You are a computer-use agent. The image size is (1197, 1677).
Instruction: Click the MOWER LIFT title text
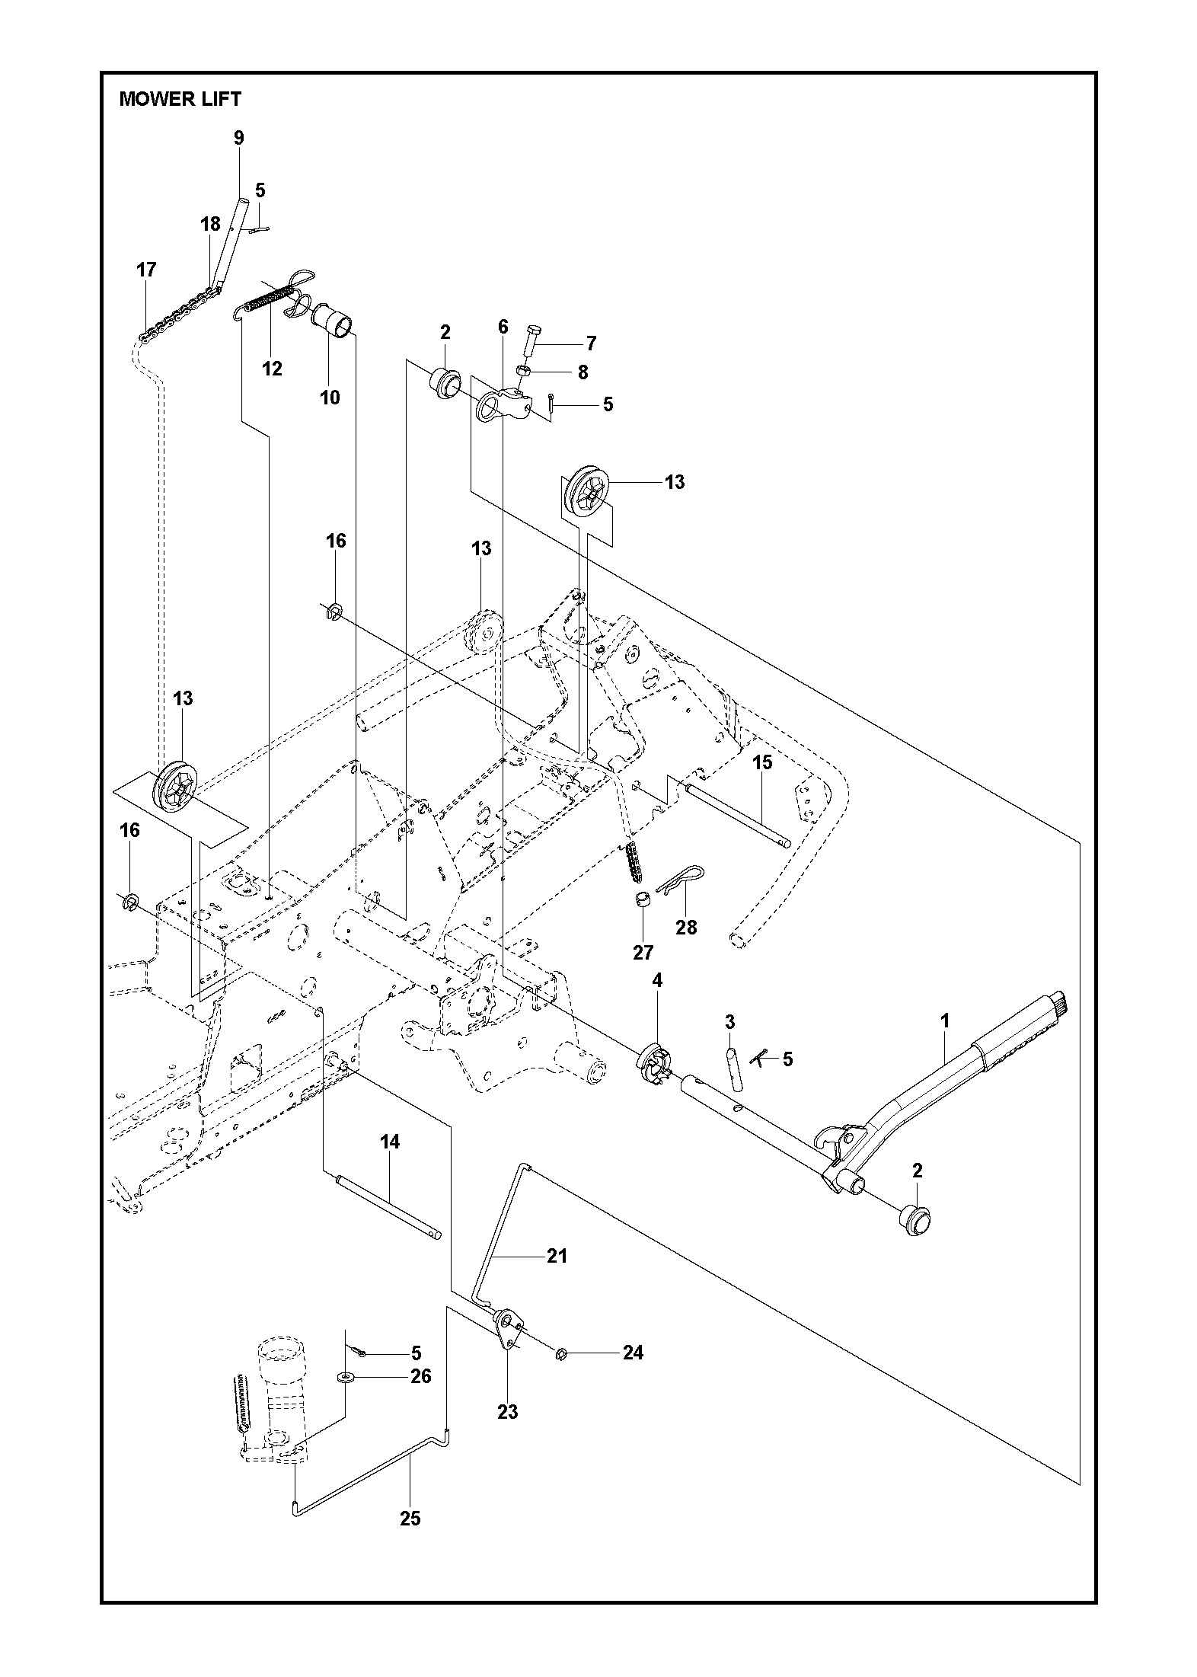(x=180, y=99)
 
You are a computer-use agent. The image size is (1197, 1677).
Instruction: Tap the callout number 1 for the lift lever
(x=946, y=1021)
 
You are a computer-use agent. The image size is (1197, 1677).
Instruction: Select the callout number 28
(x=686, y=928)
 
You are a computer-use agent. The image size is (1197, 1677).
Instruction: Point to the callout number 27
(x=643, y=952)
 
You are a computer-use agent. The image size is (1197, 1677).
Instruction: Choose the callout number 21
(x=557, y=1256)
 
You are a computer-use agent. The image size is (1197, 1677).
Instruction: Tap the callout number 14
(x=390, y=1163)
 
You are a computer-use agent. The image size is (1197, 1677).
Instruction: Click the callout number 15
(x=762, y=762)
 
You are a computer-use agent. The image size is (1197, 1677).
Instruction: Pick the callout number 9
(x=239, y=138)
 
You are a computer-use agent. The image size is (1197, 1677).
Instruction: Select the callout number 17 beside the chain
(x=146, y=270)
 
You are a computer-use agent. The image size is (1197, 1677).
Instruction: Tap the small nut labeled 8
(x=524, y=370)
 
